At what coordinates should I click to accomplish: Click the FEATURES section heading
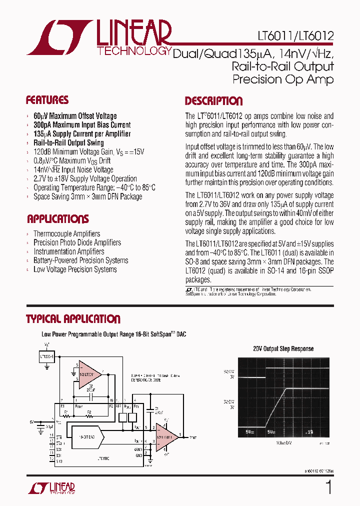(x=47, y=99)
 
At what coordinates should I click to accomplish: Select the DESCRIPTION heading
(x=213, y=101)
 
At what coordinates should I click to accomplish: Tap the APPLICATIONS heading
(x=57, y=219)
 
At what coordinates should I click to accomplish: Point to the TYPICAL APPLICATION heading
(x=73, y=319)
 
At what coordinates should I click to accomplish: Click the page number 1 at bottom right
(x=328, y=487)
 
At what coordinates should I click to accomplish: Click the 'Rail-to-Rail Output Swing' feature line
(x=68, y=143)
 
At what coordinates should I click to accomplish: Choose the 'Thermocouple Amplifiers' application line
(x=66, y=233)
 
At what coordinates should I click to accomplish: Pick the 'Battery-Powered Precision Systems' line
(x=80, y=260)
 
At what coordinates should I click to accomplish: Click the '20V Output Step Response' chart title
(x=283, y=348)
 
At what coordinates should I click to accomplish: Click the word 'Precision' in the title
(x=257, y=79)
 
